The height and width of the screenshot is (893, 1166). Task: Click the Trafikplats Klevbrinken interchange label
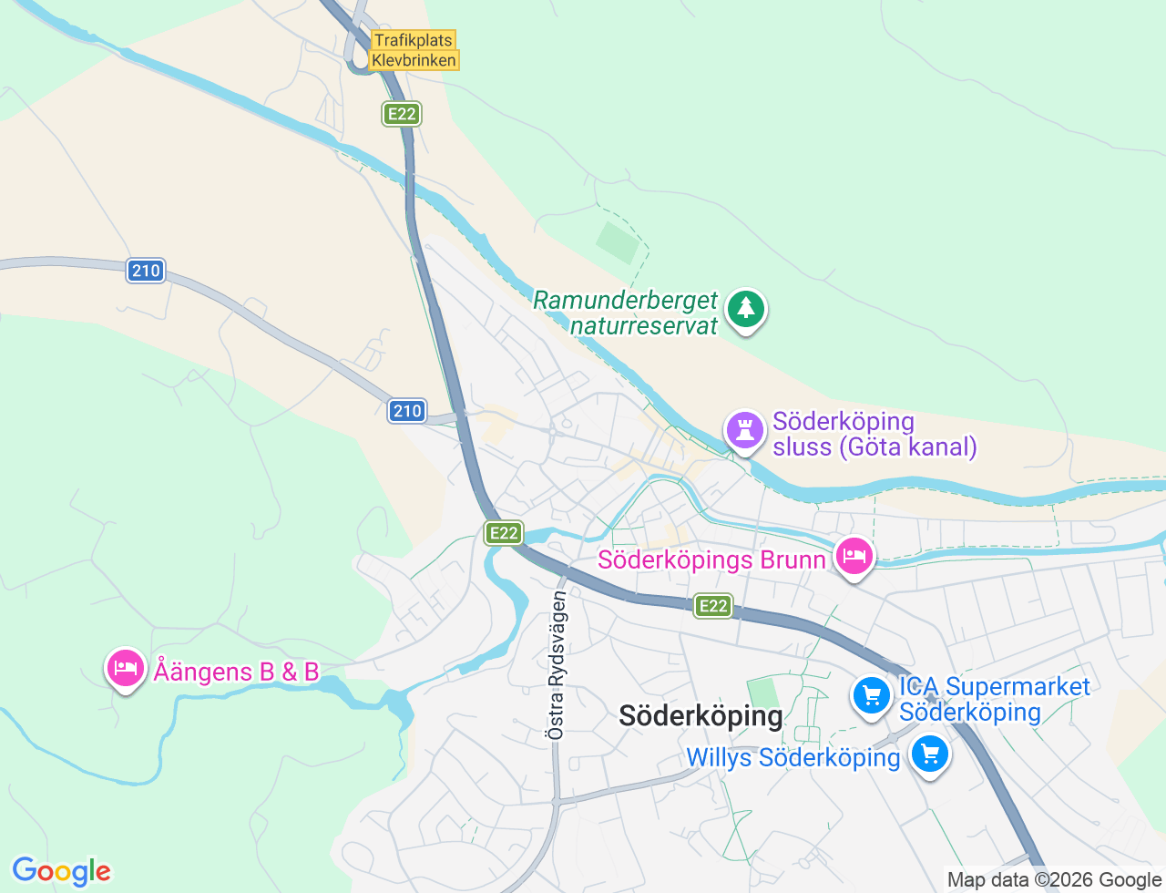point(414,50)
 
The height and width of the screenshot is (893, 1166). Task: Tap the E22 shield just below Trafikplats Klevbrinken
point(401,114)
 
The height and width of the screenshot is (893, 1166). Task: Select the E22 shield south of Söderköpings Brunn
point(712,605)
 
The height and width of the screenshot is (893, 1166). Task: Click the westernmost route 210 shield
point(146,271)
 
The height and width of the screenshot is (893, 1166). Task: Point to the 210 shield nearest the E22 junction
point(407,411)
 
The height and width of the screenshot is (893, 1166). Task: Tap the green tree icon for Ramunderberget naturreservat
point(746,309)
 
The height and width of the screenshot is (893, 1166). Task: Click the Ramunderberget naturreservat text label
point(626,313)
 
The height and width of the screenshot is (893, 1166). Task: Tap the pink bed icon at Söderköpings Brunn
point(854,556)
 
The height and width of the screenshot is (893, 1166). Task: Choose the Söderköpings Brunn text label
point(711,559)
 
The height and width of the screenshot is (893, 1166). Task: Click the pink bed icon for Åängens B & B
point(126,669)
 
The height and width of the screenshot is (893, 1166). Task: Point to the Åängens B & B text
point(236,672)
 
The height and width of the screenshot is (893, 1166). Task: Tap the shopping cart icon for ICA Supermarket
point(872,696)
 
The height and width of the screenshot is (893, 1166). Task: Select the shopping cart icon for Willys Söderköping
point(930,754)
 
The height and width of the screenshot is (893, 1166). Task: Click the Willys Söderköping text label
point(793,757)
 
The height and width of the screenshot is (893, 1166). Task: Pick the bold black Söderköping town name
point(701,716)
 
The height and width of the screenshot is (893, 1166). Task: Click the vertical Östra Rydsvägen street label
point(557,664)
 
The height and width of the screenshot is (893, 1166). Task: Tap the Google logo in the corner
point(61,871)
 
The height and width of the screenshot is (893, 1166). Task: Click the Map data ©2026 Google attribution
point(1054,879)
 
